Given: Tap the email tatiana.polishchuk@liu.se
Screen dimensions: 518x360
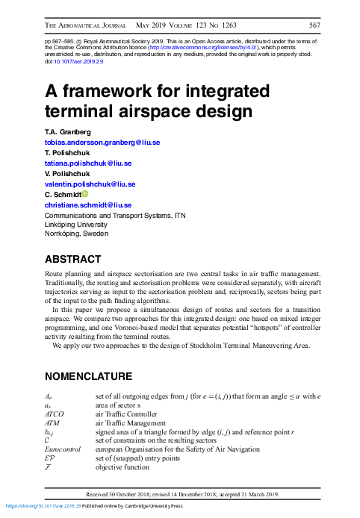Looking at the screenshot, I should click(89, 163).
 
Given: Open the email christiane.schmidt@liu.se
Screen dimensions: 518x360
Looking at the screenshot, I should click(88, 205).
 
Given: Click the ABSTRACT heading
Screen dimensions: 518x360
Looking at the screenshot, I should click(73, 260).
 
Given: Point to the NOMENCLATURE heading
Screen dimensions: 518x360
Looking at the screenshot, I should click(89, 375).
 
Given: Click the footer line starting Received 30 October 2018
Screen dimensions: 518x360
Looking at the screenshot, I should click(183, 494).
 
